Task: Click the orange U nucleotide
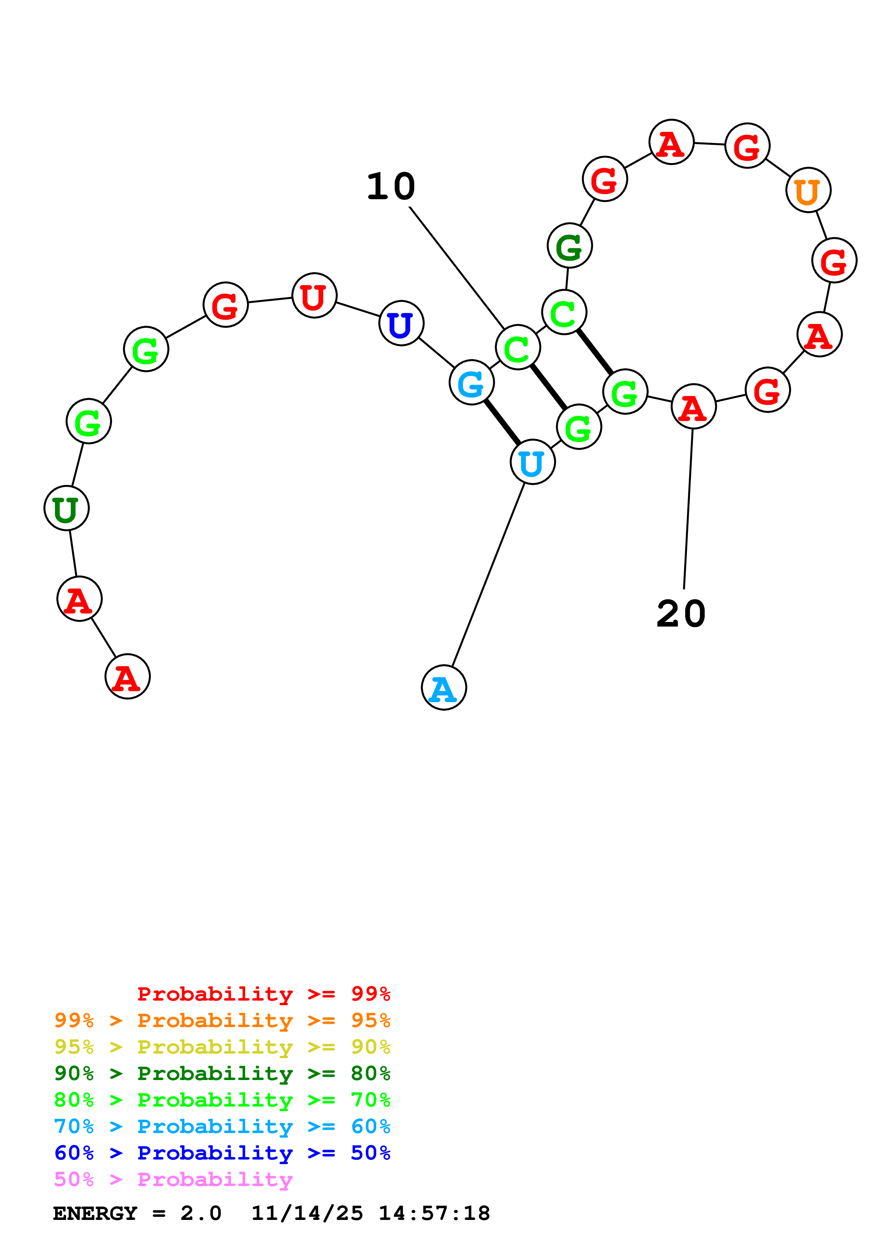pos(808,190)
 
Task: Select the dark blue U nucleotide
pos(401,323)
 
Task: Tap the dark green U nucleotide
pos(66,508)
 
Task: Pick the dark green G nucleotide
pos(569,245)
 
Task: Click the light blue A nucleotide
pos(444,688)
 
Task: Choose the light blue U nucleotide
pos(532,462)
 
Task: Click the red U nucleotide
pos(314,295)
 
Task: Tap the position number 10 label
pos(391,187)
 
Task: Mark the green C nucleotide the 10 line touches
pos(518,347)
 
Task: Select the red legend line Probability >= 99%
pos(263,994)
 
